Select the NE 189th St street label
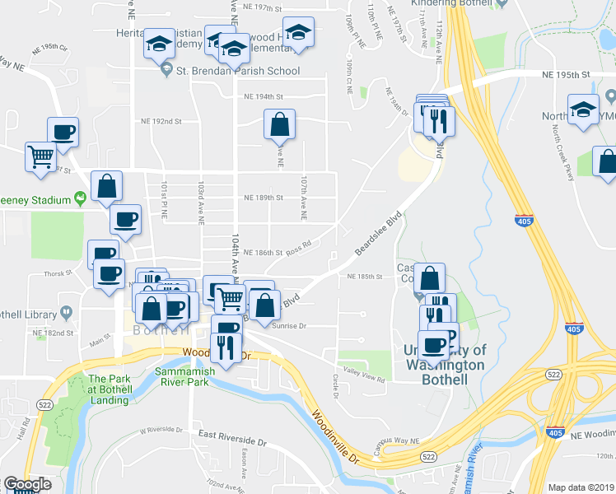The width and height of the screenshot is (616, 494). tap(264, 198)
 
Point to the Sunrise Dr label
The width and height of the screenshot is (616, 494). tap(290, 326)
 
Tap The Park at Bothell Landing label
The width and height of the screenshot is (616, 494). tap(108, 389)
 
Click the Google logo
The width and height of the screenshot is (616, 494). tap(27, 484)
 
